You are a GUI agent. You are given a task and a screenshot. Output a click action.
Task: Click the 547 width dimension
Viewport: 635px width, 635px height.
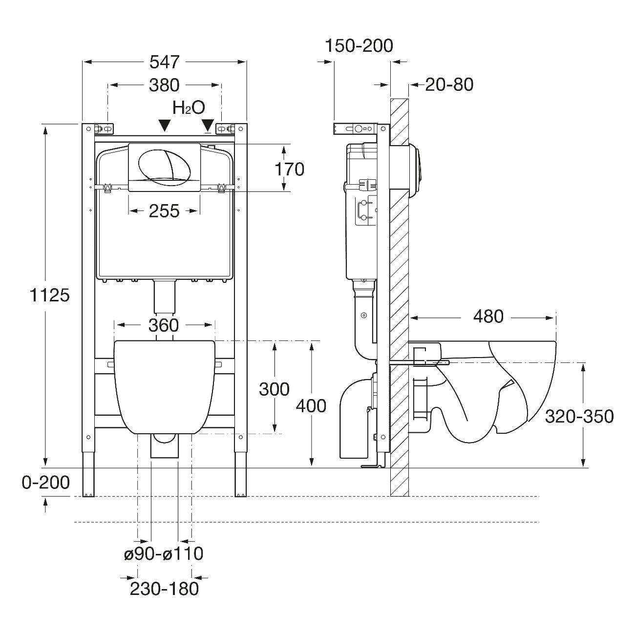(x=165, y=62)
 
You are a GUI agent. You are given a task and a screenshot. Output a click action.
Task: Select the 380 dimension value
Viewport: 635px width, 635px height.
(x=165, y=85)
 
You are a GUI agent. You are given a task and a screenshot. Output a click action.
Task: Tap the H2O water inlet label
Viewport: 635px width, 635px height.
(x=188, y=107)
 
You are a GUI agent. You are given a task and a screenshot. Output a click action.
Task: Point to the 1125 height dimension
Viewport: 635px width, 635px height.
(x=49, y=295)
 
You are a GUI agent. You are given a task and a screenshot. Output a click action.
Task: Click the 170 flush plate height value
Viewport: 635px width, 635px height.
(x=289, y=169)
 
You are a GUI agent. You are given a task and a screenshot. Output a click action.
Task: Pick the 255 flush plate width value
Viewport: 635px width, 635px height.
(x=164, y=211)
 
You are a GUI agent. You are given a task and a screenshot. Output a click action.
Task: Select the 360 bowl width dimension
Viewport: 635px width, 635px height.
(x=164, y=325)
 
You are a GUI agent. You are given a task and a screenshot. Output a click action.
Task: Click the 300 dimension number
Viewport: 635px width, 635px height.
(x=274, y=389)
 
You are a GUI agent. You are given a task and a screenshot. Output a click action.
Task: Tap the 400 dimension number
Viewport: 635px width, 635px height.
(x=311, y=405)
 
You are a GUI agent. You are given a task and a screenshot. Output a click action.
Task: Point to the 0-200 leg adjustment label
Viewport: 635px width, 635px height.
(x=46, y=483)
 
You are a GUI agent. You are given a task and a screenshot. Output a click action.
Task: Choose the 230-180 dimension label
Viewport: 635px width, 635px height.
(x=164, y=589)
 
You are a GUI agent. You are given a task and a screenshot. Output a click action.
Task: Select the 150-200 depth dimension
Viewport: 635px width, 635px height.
(x=359, y=45)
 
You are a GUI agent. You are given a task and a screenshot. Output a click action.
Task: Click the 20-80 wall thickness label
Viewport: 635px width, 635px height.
(x=449, y=85)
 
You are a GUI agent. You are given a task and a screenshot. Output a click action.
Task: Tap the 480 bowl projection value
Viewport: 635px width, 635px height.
(x=488, y=317)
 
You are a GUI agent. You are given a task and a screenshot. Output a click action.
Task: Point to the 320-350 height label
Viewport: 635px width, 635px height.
(x=579, y=416)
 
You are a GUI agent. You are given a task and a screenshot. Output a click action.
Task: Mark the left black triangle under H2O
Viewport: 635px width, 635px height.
(x=165, y=125)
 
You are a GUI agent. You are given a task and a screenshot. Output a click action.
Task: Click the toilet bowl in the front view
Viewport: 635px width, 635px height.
(x=165, y=386)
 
